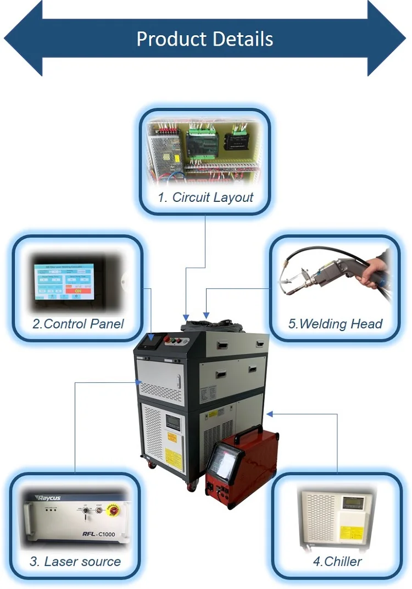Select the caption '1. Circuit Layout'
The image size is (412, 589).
click(x=205, y=197)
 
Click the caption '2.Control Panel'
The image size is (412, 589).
click(x=78, y=324)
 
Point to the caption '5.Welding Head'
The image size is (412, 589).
click(x=335, y=324)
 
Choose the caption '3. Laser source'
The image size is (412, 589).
click(x=75, y=562)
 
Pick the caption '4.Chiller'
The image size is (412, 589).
click(x=337, y=562)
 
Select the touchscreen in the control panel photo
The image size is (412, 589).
click(x=64, y=281)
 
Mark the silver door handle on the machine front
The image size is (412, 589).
click(x=179, y=382)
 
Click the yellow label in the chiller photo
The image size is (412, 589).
click(x=347, y=532)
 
